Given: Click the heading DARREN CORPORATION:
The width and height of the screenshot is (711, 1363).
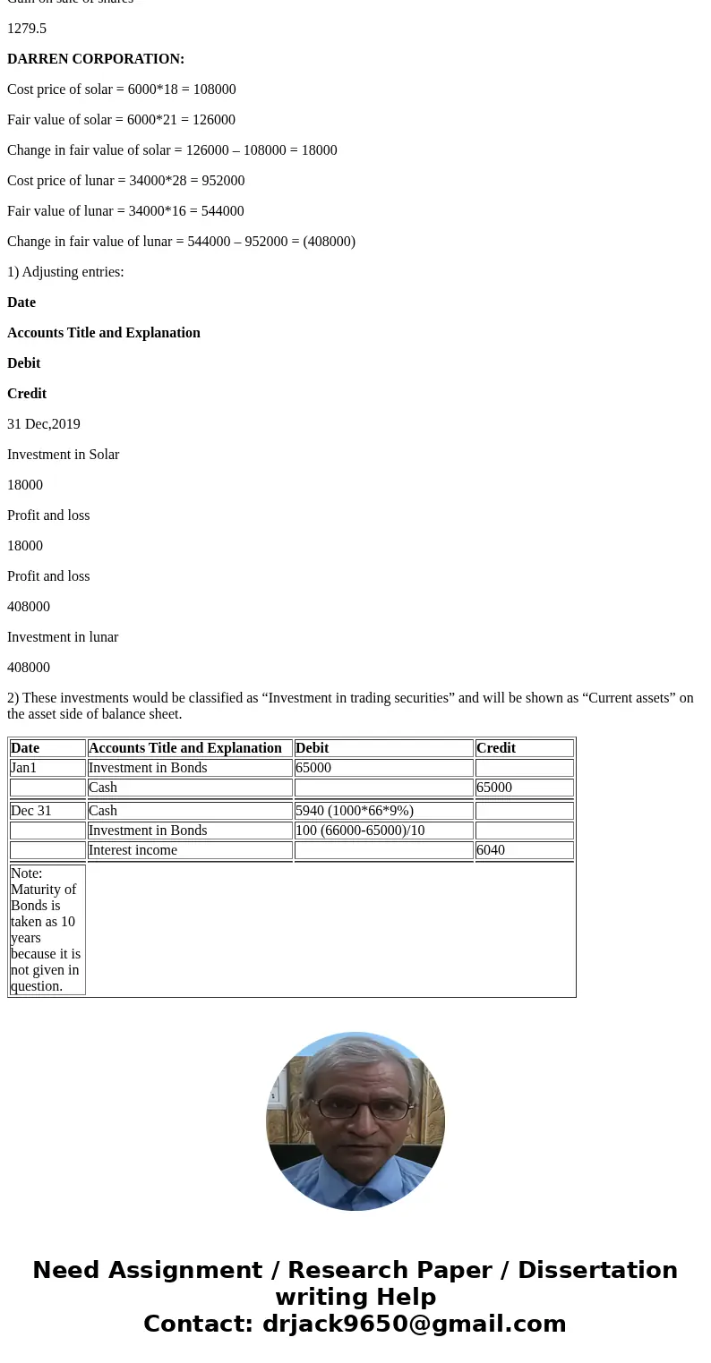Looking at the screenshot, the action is pyautogui.click(x=96, y=59).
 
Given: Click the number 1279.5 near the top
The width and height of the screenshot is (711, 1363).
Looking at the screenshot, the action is pyautogui.click(x=27, y=29).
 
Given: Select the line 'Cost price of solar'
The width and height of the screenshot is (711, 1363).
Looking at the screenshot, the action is pyautogui.click(x=122, y=89).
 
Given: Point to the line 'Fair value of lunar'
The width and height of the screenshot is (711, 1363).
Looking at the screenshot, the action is pyautogui.click(x=125, y=211).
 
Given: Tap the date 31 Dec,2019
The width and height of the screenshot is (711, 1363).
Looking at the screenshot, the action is pyautogui.click(x=44, y=424).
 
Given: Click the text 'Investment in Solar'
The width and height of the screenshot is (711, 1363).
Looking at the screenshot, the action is pyautogui.click(x=63, y=455).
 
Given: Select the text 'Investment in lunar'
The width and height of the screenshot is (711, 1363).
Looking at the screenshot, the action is pyautogui.click(x=63, y=637).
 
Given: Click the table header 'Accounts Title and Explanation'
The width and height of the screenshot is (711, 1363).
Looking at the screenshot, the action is pyautogui.click(x=185, y=748).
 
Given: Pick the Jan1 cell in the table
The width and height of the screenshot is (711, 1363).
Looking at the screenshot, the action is pyautogui.click(x=24, y=768).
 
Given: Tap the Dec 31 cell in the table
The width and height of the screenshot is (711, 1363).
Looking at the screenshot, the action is pyautogui.click(x=31, y=811).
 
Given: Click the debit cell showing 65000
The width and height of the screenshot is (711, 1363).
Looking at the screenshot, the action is pyautogui.click(x=313, y=768).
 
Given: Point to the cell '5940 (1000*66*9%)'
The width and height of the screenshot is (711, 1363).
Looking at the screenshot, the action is pyautogui.click(x=355, y=811).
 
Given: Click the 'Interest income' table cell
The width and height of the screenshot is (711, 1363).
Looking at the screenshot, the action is pyautogui.click(x=133, y=850).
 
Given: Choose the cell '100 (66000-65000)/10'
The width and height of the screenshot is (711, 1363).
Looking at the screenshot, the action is pyautogui.click(x=360, y=831).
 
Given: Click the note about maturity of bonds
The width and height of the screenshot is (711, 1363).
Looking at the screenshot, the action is pyautogui.click(x=46, y=929).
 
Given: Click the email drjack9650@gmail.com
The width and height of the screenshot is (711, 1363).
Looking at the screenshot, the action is pyautogui.click(x=414, y=1325).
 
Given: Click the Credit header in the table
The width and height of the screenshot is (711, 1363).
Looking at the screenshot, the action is pyautogui.click(x=496, y=748).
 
